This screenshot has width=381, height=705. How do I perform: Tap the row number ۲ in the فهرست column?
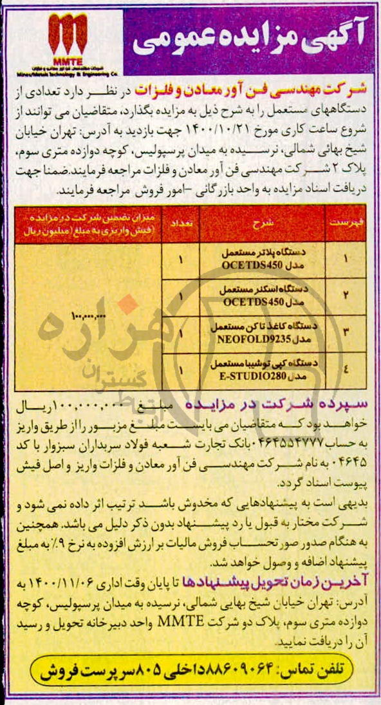click(x=346, y=296)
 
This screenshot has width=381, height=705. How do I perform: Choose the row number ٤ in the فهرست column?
click(x=346, y=370)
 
